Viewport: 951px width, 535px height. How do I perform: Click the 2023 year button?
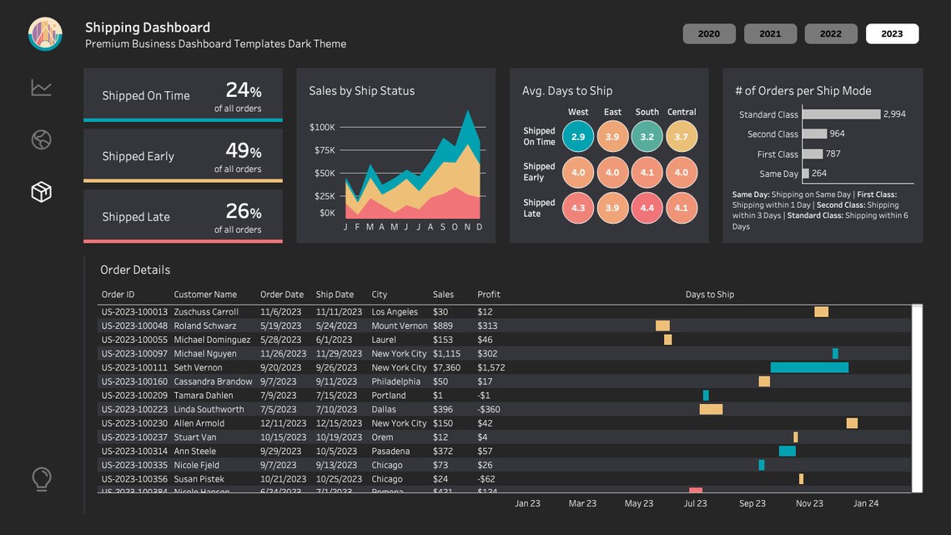click(892, 33)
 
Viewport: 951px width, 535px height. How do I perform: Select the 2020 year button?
click(709, 33)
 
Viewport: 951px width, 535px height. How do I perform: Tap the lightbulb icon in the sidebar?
click(41, 479)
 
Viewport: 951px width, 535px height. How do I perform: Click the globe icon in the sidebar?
click(41, 139)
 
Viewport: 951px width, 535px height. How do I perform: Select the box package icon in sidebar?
click(41, 192)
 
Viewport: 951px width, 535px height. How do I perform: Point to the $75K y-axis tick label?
click(322, 150)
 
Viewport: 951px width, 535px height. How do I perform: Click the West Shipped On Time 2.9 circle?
click(578, 137)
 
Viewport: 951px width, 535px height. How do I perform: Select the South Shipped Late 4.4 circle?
click(647, 208)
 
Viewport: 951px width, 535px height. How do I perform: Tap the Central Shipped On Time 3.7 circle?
click(681, 137)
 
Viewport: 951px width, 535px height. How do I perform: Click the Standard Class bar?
click(841, 114)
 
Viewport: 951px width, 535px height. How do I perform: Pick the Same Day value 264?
click(819, 174)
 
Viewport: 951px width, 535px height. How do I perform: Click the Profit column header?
click(489, 295)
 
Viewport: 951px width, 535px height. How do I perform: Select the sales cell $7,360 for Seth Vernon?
click(446, 367)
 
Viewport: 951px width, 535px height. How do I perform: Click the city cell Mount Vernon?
click(399, 326)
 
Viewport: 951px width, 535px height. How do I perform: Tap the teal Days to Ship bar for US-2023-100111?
click(808, 367)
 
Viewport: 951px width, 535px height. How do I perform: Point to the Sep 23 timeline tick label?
click(752, 503)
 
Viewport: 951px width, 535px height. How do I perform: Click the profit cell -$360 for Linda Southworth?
click(489, 410)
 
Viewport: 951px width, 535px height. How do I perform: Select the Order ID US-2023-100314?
click(134, 452)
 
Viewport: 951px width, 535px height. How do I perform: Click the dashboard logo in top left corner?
click(45, 33)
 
